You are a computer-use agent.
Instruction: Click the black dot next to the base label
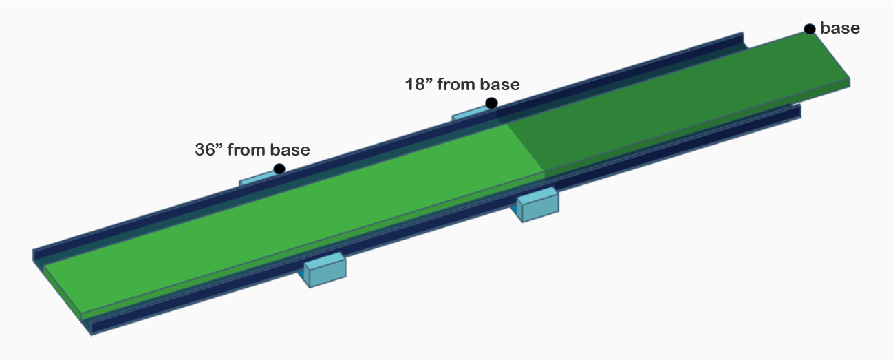click(x=810, y=29)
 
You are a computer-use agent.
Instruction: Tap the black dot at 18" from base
click(x=491, y=103)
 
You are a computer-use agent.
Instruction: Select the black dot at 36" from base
click(x=279, y=169)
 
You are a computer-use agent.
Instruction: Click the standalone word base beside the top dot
click(x=839, y=28)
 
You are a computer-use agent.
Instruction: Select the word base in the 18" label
click(x=500, y=85)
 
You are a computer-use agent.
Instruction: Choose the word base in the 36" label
click(x=290, y=149)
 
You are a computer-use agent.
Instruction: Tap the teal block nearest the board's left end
click(x=325, y=269)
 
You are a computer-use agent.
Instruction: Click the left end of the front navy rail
click(x=92, y=326)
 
